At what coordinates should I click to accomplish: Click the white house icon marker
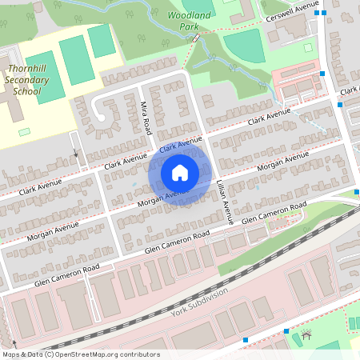point(180,172)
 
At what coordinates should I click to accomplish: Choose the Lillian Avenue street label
point(226,202)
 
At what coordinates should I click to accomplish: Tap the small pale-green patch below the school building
point(24,131)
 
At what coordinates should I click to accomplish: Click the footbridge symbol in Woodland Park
point(195,37)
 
